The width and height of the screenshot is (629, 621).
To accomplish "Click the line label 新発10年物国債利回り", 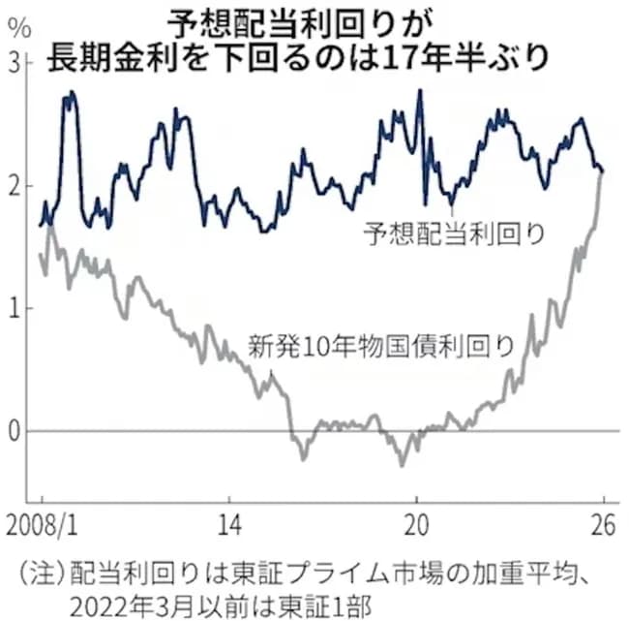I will (x=379, y=346).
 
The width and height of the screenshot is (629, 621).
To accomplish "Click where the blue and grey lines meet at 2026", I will (x=601, y=172).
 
